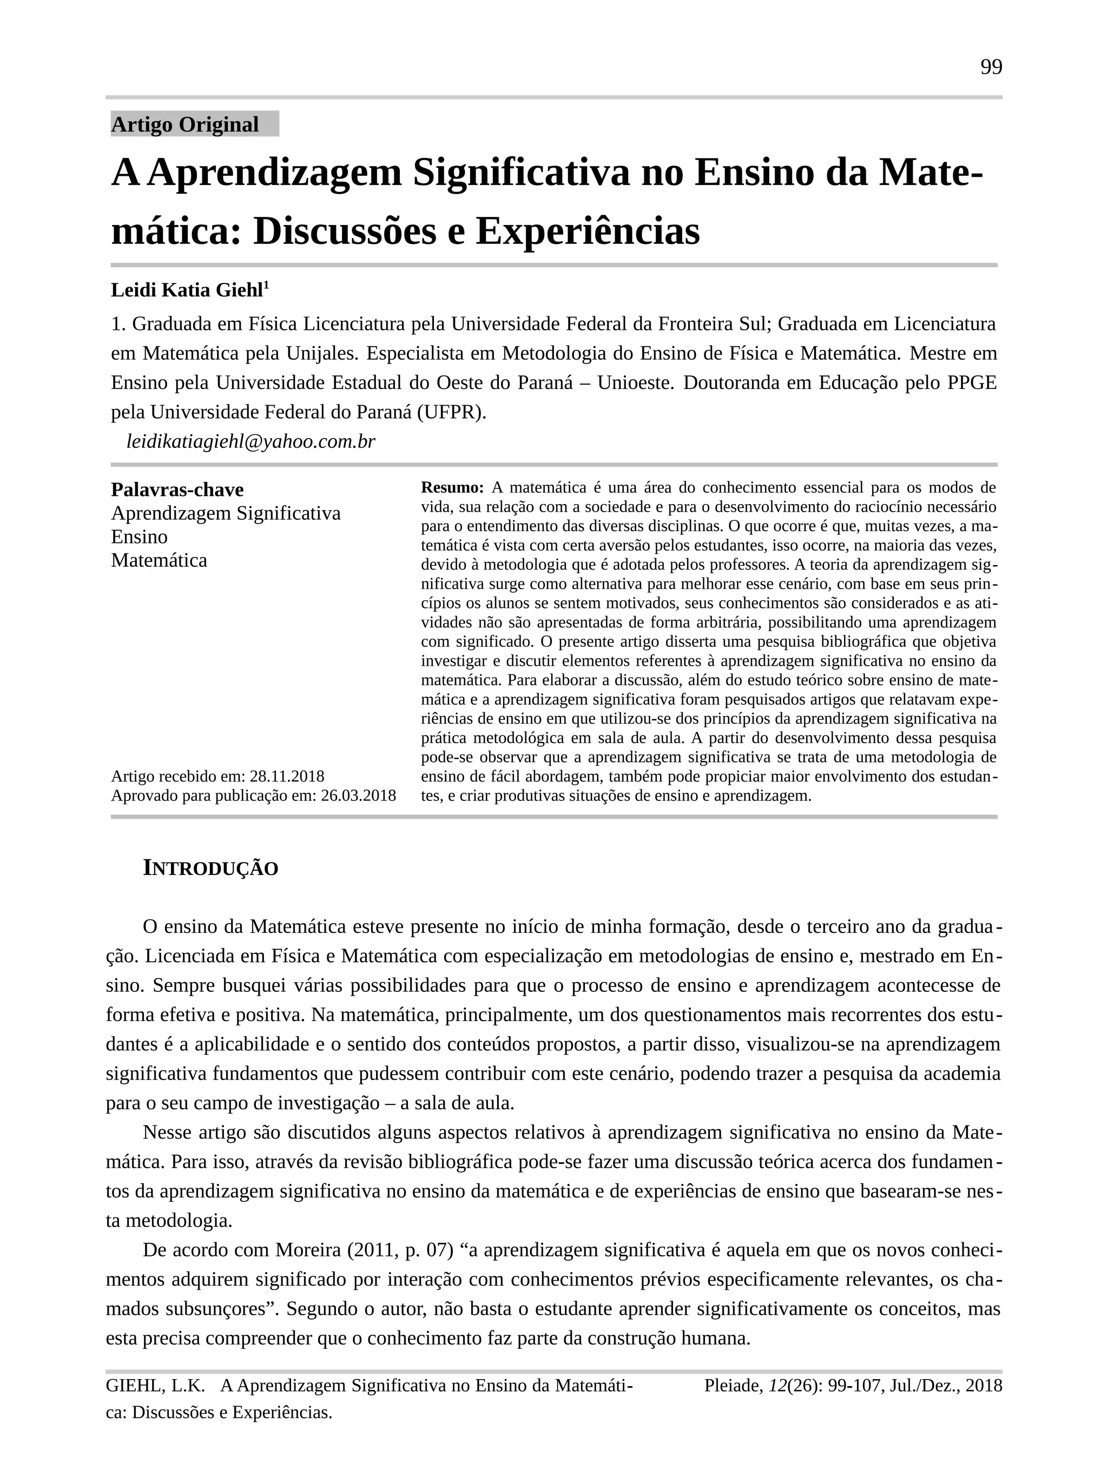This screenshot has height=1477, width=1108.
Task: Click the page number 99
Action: pyautogui.click(x=991, y=68)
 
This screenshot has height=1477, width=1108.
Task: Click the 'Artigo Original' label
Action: pyautogui.click(x=184, y=125)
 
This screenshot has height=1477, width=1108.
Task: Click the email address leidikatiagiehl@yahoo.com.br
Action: pyautogui.click(x=250, y=442)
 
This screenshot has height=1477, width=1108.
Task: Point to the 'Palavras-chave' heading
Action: pyautogui.click(x=177, y=489)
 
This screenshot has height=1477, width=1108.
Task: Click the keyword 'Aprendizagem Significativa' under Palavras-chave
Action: pyautogui.click(x=226, y=513)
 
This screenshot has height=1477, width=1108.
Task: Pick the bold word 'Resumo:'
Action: pyautogui.click(x=452, y=487)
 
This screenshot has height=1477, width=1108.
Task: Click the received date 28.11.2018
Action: pyautogui.click(x=287, y=777)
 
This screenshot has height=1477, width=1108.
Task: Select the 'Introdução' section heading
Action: pyautogui.click(x=210, y=869)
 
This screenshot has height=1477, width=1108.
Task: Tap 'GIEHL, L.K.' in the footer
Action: pyautogui.click(x=155, y=1386)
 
